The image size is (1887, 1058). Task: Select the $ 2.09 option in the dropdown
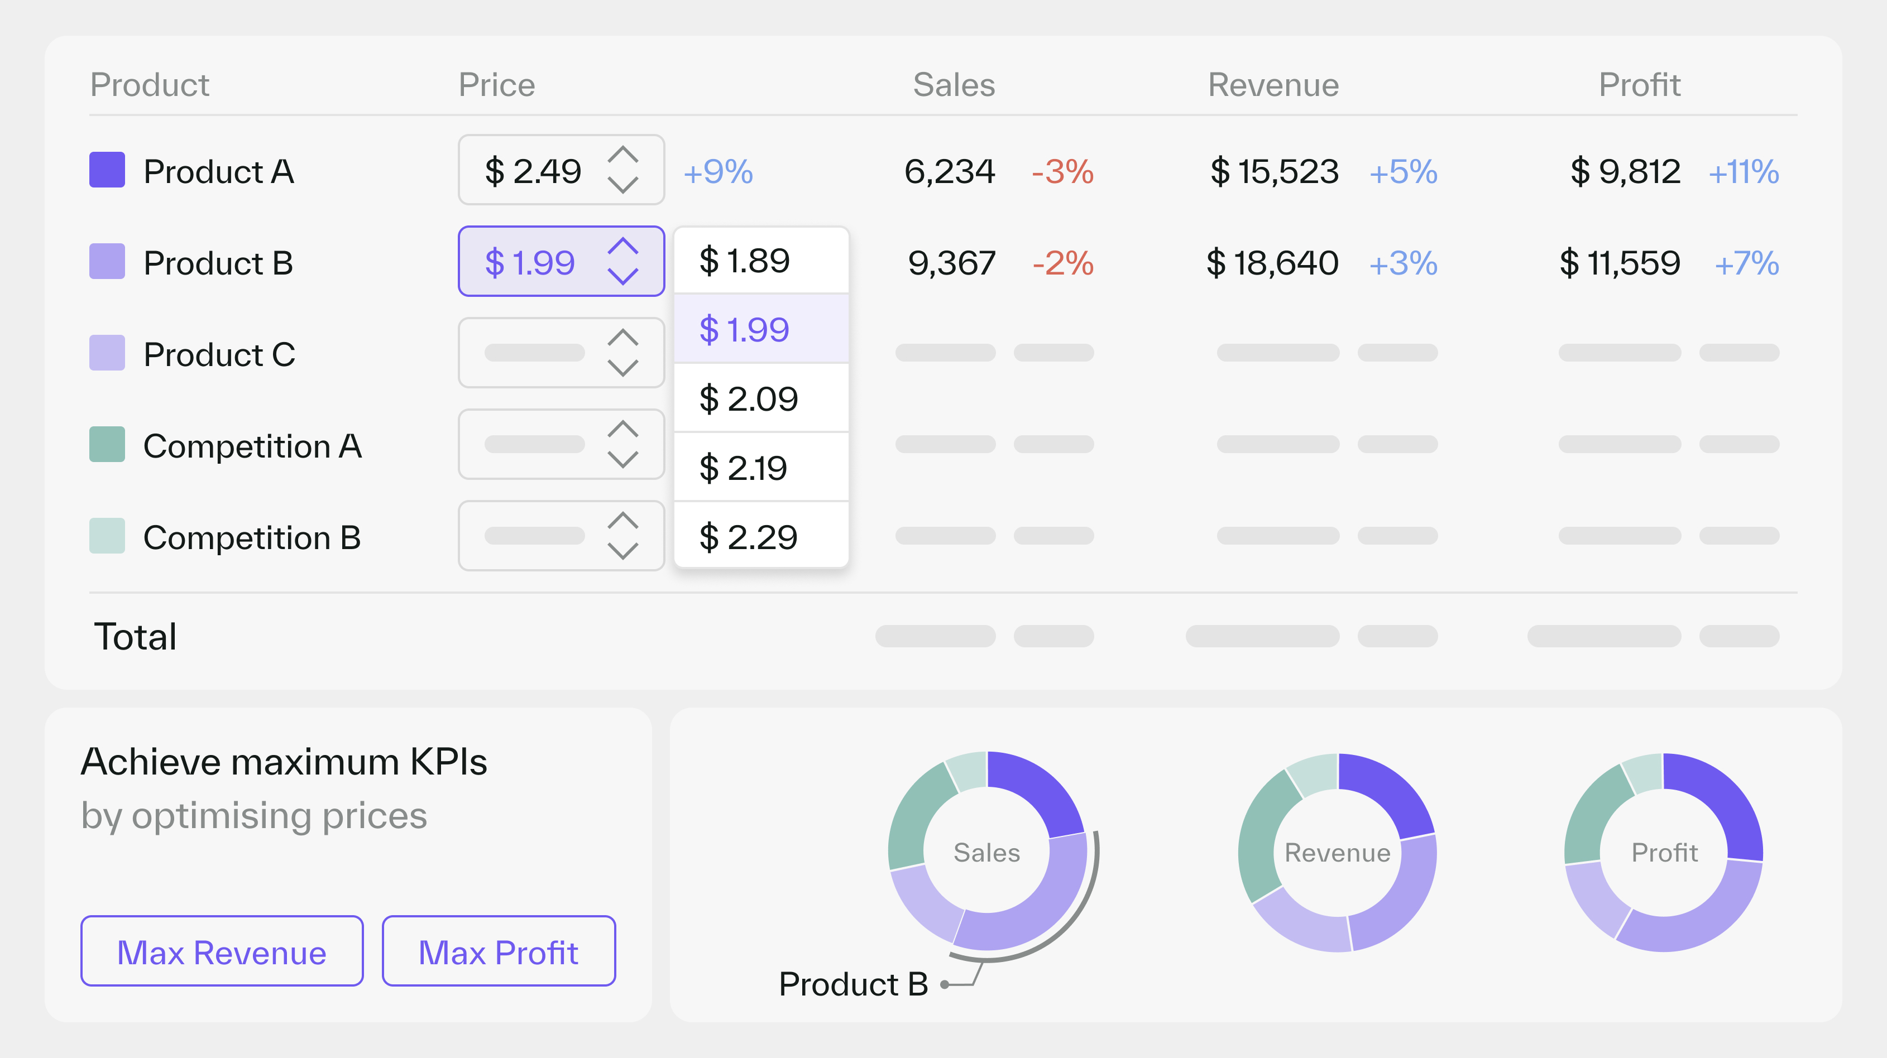pyautogui.click(x=760, y=398)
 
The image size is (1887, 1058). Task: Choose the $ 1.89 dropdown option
pyautogui.click(x=760, y=261)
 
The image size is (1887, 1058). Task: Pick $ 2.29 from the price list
pyautogui.click(x=760, y=537)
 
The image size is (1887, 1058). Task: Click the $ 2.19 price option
pyautogui.click(x=760, y=467)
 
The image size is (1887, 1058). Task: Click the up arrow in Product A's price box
pyautogui.click(x=622, y=155)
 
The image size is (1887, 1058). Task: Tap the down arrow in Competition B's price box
pyautogui.click(x=622, y=551)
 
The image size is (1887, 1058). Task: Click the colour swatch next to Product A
pyautogui.click(x=107, y=170)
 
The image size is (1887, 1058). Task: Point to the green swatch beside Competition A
pyautogui.click(x=107, y=444)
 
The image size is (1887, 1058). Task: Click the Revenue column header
pyautogui.click(x=1273, y=85)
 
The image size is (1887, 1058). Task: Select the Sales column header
pyautogui.click(x=954, y=85)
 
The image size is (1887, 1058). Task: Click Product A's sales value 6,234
pyautogui.click(x=949, y=171)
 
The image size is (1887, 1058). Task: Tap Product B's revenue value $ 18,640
pyautogui.click(x=1272, y=263)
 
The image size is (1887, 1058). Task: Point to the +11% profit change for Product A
pyautogui.click(x=1744, y=172)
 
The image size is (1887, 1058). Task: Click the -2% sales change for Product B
pyautogui.click(x=1062, y=263)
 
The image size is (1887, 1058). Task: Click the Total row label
pyautogui.click(x=136, y=636)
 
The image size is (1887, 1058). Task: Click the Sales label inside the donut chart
pyautogui.click(x=986, y=852)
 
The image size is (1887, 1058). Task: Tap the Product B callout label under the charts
pyautogui.click(x=854, y=983)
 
